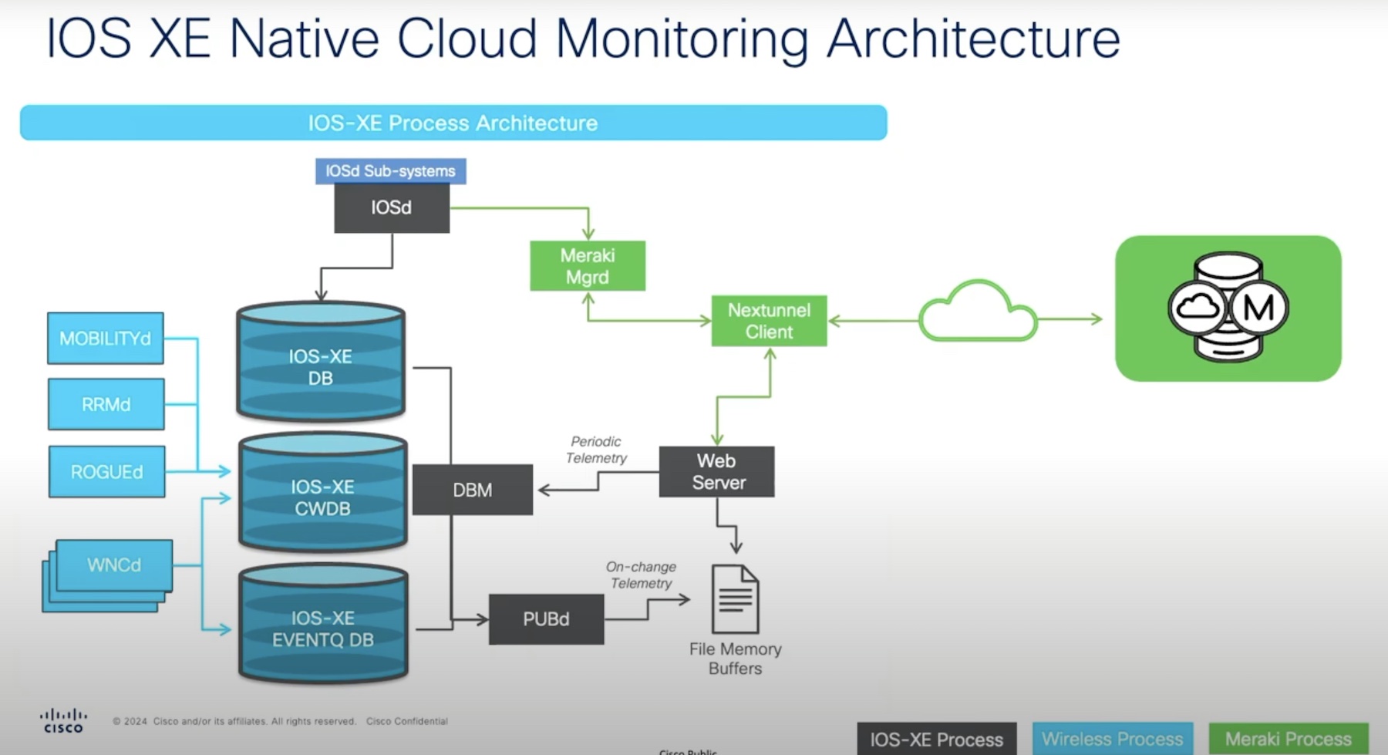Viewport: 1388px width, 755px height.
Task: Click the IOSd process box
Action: [392, 207]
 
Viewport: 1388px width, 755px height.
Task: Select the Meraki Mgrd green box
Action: [588, 266]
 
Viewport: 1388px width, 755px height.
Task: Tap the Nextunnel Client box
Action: [769, 321]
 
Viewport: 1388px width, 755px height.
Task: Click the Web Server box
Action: [717, 471]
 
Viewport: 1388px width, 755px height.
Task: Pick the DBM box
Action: [473, 490]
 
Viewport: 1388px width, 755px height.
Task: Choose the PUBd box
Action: [546, 619]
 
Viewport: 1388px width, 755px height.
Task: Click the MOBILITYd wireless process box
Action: [106, 338]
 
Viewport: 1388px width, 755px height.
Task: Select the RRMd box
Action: [106, 404]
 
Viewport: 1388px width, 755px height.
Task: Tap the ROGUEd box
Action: [107, 471]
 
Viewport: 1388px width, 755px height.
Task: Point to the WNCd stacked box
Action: [113, 565]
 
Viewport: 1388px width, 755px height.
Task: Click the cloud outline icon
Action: [978, 312]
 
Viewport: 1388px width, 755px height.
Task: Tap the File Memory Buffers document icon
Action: [735, 599]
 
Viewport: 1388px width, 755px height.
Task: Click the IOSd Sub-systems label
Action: [390, 171]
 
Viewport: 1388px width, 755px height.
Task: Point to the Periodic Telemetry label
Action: [596, 450]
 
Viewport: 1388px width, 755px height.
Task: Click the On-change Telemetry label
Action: [641, 575]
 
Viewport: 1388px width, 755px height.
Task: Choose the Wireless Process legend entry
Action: [1112, 739]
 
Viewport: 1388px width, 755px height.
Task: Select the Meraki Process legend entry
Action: [1288, 739]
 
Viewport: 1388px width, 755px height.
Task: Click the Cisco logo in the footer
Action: [63, 721]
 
